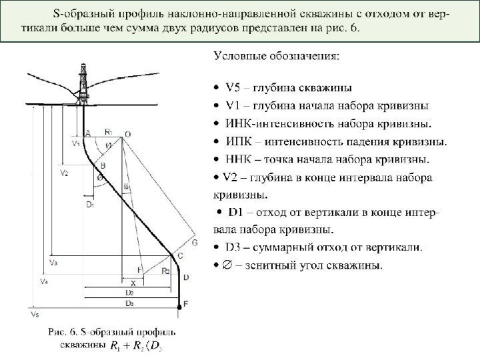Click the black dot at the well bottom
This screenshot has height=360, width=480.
pyautogui.click(x=179, y=307)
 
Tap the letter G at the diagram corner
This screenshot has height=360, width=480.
pyautogui.click(x=195, y=244)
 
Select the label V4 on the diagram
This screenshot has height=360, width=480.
pyautogui.click(x=43, y=282)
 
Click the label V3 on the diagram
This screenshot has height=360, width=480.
pyautogui.click(x=53, y=263)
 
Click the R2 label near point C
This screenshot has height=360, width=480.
pyautogui.click(x=165, y=271)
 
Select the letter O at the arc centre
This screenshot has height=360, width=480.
pyautogui.click(x=127, y=134)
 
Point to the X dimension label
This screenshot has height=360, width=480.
pyautogui.click(x=133, y=283)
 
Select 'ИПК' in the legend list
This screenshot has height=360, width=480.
pyautogui.click(x=239, y=141)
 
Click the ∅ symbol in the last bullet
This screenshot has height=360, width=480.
pyautogui.click(x=228, y=265)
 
